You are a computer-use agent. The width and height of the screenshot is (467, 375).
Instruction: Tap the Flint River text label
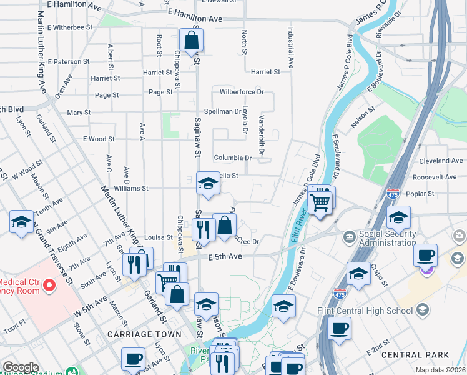pos(296,226)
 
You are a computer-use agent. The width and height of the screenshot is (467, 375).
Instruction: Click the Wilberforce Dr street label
pos(242,92)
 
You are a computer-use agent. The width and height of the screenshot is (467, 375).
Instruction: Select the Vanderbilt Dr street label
pos(262,134)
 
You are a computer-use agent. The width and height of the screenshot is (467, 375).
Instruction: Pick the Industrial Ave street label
pos(290,47)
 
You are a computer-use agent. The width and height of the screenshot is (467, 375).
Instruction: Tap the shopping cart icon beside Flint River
pos(320,201)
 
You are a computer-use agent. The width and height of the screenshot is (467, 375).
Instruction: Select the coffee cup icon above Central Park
pos(339,328)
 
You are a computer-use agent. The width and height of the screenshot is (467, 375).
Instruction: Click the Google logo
pos(21,367)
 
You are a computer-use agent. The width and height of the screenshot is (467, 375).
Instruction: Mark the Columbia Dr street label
pos(232,158)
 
